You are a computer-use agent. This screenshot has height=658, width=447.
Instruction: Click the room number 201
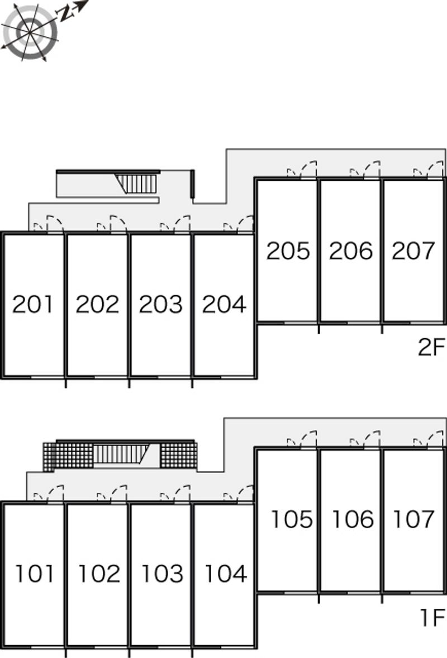click(x=34, y=304)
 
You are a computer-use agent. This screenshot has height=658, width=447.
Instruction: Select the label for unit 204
click(x=223, y=304)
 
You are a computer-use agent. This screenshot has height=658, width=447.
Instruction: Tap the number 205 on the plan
click(x=288, y=251)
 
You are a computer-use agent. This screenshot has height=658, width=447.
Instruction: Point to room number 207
click(x=413, y=251)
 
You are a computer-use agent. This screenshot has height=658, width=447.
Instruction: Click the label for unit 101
click(x=35, y=573)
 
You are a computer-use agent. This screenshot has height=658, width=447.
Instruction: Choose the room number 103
click(x=161, y=573)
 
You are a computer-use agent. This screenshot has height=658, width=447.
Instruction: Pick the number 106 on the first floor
click(x=352, y=520)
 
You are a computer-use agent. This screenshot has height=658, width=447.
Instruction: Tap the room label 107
click(x=413, y=520)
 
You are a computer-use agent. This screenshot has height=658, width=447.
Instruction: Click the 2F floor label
click(x=431, y=349)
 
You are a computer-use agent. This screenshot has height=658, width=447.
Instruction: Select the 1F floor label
click(x=431, y=618)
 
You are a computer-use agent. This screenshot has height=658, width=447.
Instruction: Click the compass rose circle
click(x=30, y=32)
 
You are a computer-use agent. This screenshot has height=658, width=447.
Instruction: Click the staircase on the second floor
click(x=137, y=183)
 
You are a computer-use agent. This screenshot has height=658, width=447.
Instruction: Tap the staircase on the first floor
click(x=120, y=454)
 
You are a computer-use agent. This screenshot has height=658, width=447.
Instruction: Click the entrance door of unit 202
click(x=117, y=223)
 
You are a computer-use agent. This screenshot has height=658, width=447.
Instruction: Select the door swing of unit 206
click(x=371, y=169)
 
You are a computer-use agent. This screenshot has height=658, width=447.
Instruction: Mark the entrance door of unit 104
click(x=245, y=493)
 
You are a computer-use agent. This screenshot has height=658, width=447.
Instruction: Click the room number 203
click(x=160, y=304)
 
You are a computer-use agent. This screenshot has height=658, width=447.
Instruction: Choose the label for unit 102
click(x=98, y=573)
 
